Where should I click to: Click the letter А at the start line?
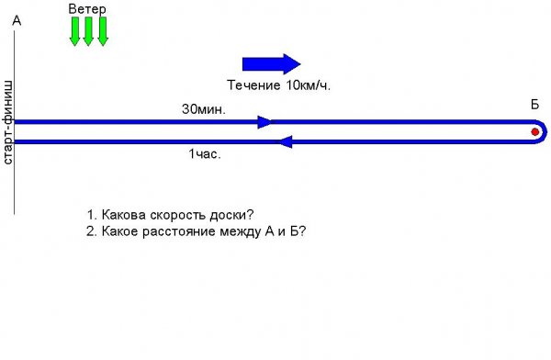click(17, 21)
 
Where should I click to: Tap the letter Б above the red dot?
click(534, 105)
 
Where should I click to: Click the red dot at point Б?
click(534, 132)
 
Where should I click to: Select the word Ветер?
click(87, 9)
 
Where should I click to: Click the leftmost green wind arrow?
click(74, 31)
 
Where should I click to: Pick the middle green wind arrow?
click(88, 31)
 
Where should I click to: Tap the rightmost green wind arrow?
click(103, 31)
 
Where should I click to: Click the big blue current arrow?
click(271, 64)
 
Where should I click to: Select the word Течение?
click(253, 85)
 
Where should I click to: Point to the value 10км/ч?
click(309, 85)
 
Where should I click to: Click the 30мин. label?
click(204, 109)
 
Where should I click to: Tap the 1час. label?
click(205, 154)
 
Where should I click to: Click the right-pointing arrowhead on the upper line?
click(264, 122)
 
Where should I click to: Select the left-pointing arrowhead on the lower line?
click(285, 141)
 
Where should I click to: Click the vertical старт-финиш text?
click(7, 122)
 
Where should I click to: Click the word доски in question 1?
click(231, 215)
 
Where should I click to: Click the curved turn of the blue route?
click(545, 132)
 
